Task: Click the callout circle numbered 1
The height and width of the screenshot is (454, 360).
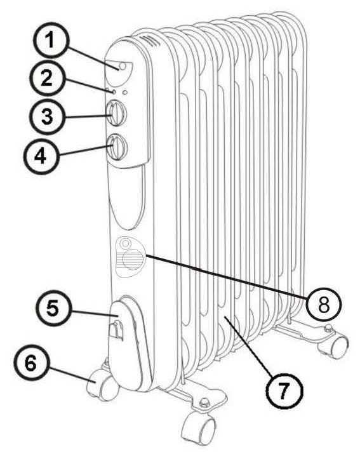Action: click(x=51, y=41)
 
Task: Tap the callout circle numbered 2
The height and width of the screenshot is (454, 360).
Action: click(x=46, y=79)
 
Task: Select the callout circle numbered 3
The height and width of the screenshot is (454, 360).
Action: click(x=47, y=116)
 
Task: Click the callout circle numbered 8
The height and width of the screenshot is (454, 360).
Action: click(x=324, y=305)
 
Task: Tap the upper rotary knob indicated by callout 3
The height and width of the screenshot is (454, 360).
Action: click(x=116, y=112)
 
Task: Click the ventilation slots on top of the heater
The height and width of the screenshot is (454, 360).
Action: click(x=151, y=41)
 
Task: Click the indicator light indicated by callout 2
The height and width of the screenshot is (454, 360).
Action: click(x=114, y=92)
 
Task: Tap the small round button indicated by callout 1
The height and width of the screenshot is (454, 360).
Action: click(x=123, y=66)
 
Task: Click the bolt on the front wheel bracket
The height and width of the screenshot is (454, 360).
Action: click(x=204, y=401)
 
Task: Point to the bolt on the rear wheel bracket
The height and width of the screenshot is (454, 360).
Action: click(x=328, y=328)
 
